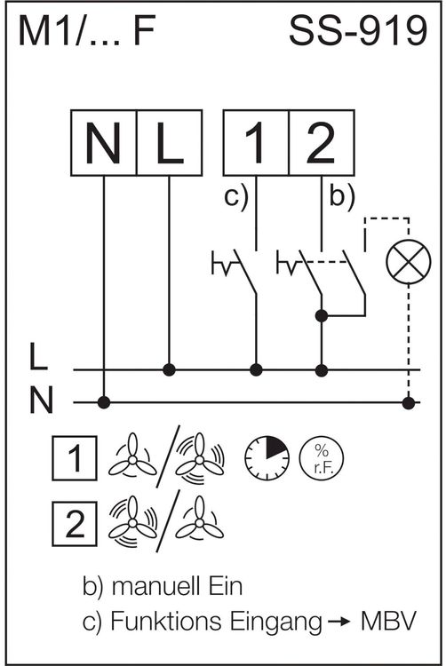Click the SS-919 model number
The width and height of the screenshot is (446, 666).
tap(358, 30)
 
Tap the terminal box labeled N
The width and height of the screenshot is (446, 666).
tap(104, 143)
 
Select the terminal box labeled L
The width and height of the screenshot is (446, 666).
tap(170, 143)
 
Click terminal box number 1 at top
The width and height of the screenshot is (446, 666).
tap(256, 143)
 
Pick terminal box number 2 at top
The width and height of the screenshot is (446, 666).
tap(322, 143)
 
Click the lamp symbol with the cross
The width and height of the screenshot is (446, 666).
tap(409, 262)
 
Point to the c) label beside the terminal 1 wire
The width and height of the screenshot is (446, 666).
tap(235, 197)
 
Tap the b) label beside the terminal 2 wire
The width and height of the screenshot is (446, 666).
tap(342, 197)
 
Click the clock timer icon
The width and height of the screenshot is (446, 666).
tap(267, 458)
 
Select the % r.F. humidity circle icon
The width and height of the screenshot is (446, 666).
tap(322, 458)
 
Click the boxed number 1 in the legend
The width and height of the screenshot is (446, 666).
tap(75, 458)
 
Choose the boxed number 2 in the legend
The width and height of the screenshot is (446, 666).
tap(75, 524)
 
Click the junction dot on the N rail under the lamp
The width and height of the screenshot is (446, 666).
tap(409, 402)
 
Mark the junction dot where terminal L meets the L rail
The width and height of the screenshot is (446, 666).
tap(170, 370)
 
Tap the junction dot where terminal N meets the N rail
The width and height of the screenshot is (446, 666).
tap(104, 402)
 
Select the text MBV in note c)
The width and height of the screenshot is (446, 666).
tap(388, 622)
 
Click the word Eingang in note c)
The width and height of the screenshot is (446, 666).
tap(276, 622)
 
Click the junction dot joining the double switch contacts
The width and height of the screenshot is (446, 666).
tap(322, 315)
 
